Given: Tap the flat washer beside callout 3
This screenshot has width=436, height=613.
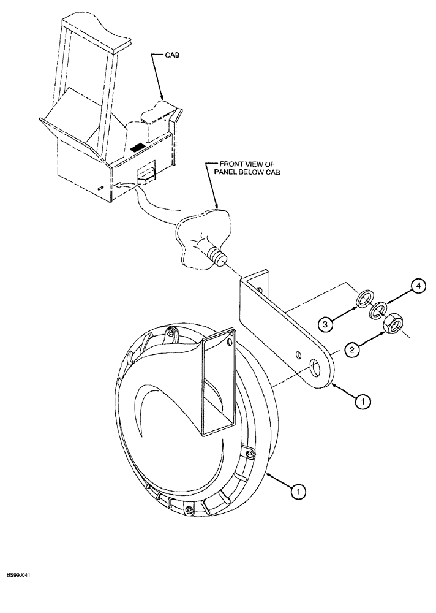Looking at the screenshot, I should pyautogui.click(x=363, y=299).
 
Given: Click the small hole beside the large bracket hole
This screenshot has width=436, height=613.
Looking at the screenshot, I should pyautogui.click(x=298, y=355).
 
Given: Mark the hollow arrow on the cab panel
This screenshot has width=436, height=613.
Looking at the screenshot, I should pyautogui.click(x=122, y=182).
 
